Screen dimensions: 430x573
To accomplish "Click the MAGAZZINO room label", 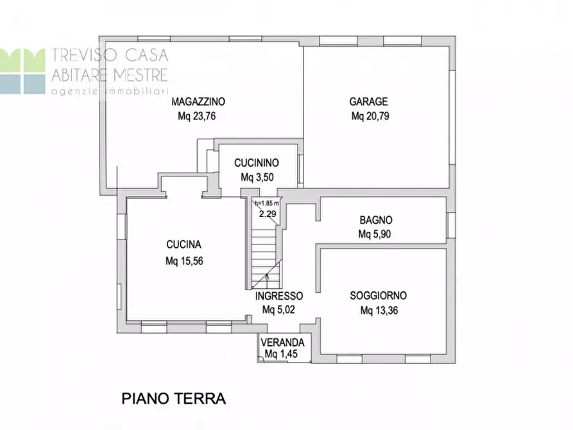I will [x=198, y=101].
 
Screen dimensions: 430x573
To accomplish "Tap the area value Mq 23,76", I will [x=198, y=117].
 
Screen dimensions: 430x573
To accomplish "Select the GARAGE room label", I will [x=368, y=101].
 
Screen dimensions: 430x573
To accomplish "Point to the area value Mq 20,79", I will [x=370, y=117].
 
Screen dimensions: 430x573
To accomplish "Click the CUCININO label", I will [x=255, y=163].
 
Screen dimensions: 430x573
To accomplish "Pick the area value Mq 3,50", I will [x=256, y=177].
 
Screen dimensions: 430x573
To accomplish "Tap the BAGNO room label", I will [x=375, y=219].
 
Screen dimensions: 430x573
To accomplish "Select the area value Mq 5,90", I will [x=374, y=234].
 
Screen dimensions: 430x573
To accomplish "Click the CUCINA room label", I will [x=184, y=245].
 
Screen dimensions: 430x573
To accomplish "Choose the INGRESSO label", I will [x=279, y=297].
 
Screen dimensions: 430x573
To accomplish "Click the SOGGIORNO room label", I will [x=378, y=296].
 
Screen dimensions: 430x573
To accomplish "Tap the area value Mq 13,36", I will [x=379, y=311].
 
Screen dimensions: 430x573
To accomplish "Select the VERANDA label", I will [x=282, y=343].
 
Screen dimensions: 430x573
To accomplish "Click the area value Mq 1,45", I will [x=280, y=354].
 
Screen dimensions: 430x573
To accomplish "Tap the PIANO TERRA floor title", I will [x=174, y=399].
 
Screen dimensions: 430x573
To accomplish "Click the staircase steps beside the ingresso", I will [x=263, y=254].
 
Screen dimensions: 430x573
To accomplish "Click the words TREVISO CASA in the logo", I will [x=108, y=56].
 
